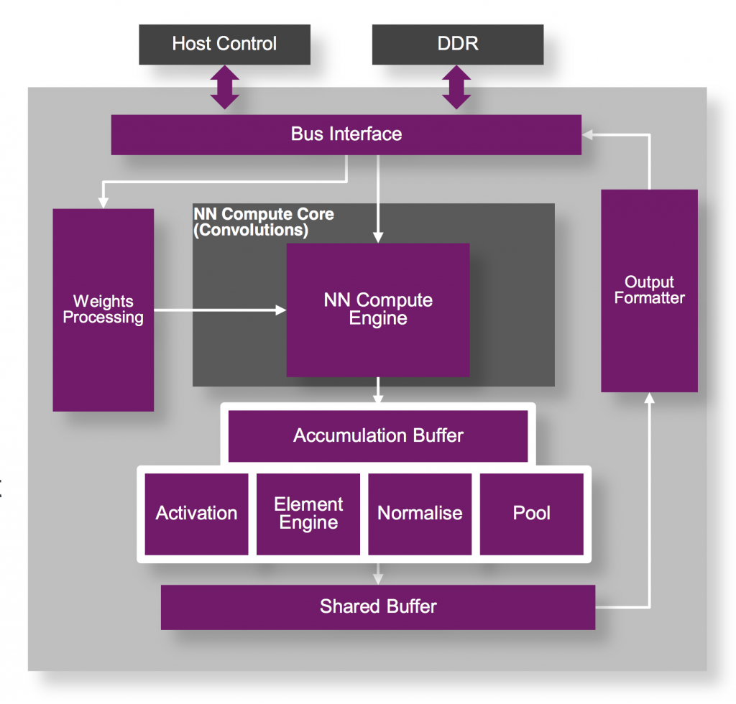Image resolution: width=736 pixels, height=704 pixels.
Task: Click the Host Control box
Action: (x=224, y=44)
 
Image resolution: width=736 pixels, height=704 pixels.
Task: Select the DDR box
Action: (x=458, y=44)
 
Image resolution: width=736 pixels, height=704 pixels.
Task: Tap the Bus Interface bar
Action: (x=346, y=134)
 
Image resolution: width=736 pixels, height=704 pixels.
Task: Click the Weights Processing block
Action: (x=103, y=310)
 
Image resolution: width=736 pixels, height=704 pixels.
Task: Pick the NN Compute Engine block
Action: (x=378, y=310)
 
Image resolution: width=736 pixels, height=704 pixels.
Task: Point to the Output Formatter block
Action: (x=649, y=290)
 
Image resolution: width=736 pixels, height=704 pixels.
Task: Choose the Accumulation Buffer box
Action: (x=378, y=436)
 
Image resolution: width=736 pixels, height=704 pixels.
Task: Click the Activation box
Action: (x=196, y=514)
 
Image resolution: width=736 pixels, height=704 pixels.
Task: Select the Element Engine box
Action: (x=308, y=514)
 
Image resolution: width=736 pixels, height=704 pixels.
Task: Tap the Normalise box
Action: (x=420, y=514)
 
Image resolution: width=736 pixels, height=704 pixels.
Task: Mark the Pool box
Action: (x=532, y=514)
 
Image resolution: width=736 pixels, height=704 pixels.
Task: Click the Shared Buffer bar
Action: (x=378, y=607)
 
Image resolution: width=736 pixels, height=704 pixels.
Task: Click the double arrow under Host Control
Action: (x=225, y=87)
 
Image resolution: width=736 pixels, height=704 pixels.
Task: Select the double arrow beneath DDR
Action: (x=458, y=87)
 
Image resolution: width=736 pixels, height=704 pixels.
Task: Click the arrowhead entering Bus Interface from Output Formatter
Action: (x=587, y=134)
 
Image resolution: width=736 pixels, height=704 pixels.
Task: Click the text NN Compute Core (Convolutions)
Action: (x=263, y=223)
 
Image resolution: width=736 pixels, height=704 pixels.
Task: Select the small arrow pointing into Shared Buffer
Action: (x=378, y=577)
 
